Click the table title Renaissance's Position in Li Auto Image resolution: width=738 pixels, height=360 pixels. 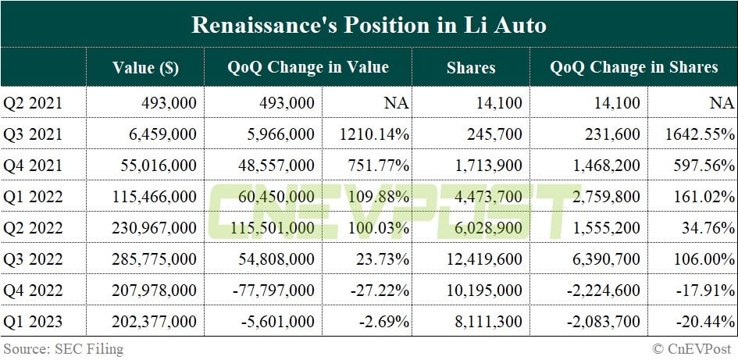point(369,24)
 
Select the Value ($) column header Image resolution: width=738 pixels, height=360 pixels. point(145,67)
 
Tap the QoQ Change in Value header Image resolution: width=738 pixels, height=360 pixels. point(308,67)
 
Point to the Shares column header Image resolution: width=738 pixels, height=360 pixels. point(471,67)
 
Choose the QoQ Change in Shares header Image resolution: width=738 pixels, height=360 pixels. point(633,67)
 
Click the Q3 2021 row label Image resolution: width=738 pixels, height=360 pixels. point(33,134)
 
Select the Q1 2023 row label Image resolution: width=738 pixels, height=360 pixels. point(33,321)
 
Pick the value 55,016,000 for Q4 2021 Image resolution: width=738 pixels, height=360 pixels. point(153,166)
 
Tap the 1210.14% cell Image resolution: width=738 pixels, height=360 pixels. point(375,134)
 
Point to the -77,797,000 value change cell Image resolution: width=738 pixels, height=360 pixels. point(273,290)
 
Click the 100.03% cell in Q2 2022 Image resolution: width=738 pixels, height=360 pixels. point(379,228)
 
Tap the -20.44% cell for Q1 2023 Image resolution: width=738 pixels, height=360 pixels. point(703,321)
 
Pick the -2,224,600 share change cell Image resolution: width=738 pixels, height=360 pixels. point(601,290)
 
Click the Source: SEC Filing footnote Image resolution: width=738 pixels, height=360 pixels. point(63,349)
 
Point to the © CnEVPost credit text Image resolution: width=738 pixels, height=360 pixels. point(692,349)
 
